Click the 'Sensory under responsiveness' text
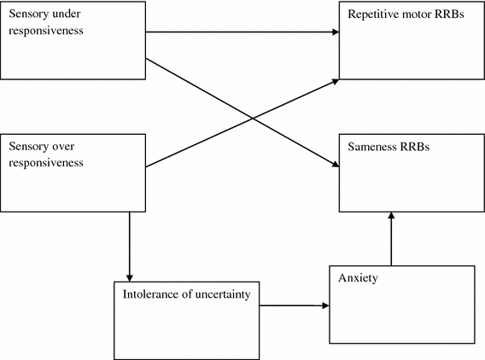tap(46, 20)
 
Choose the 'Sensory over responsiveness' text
tap(46, 155)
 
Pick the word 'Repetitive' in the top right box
tap(372, 15)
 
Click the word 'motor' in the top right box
tap(416, 15)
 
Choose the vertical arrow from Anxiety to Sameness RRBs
tap(391, 243)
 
